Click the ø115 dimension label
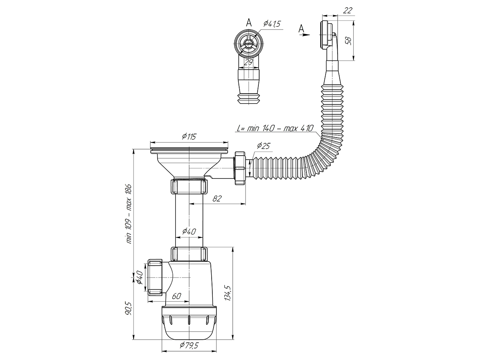[x=188, y=137]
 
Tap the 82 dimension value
[x=218, y=199]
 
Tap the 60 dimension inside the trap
[x=177, y=296]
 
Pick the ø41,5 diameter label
[x=272, y=24]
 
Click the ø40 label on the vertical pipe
[x=189, y=231]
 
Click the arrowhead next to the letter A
[x=307, y=35]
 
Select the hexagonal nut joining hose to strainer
[x=240, y=167]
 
